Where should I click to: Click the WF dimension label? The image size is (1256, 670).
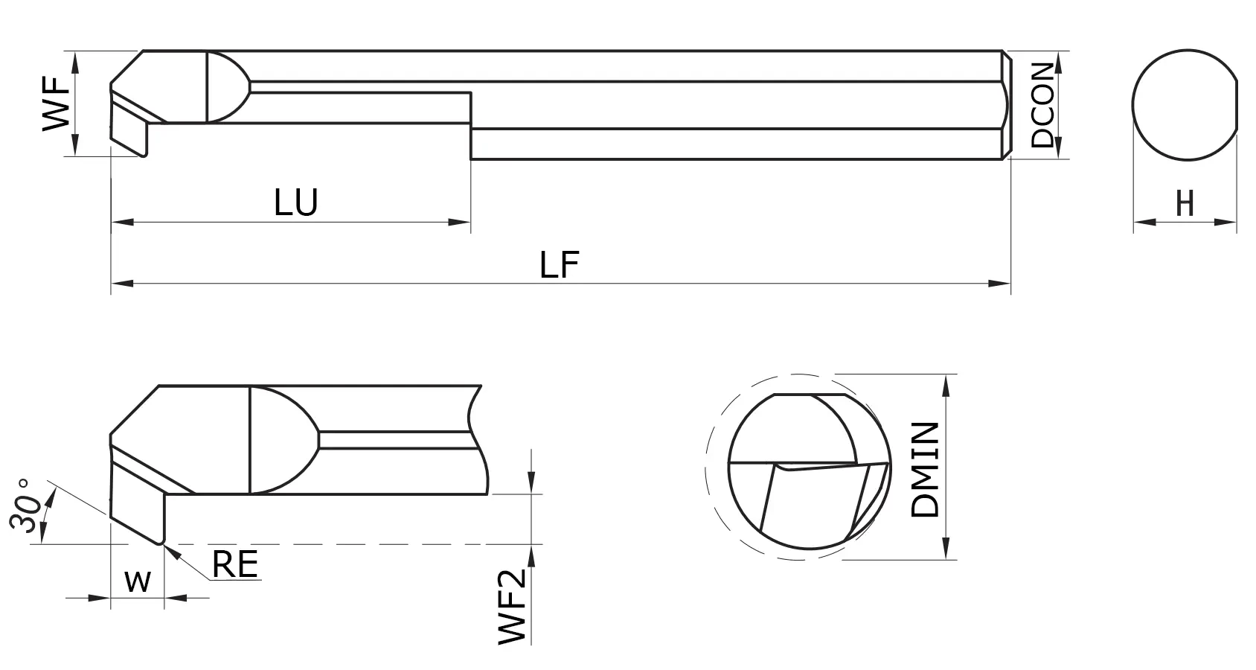point(57,103)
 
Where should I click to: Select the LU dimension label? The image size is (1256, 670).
point(296,203)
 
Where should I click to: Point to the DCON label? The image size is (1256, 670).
point(1043,104)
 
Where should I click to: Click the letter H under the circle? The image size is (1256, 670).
point(1185,203)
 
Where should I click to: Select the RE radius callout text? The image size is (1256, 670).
point(234,565)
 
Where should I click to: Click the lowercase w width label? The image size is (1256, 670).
point(138,581)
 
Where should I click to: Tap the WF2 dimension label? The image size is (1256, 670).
point(513,606)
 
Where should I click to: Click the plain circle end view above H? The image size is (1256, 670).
point(1185,104)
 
